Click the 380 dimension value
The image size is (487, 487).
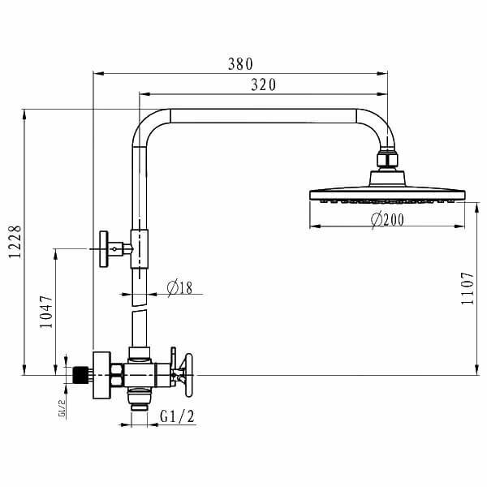tap(241, 64)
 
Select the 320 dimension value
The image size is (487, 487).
tap(262, 84)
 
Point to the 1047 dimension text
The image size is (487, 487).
tap(46, 312)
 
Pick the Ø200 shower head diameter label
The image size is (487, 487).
tap(387, 219)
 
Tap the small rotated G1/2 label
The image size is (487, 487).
tap(61, 406)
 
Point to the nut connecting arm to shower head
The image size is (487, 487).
tap(388, 158)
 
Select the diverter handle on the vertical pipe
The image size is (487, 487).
tap(106, 248)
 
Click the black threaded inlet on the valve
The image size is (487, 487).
tap(79, 376)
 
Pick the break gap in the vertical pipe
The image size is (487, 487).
tap(140, 300)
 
